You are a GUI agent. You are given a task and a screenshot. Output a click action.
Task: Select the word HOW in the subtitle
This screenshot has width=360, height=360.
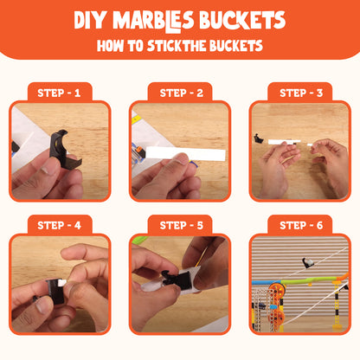[x=111, y=46]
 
